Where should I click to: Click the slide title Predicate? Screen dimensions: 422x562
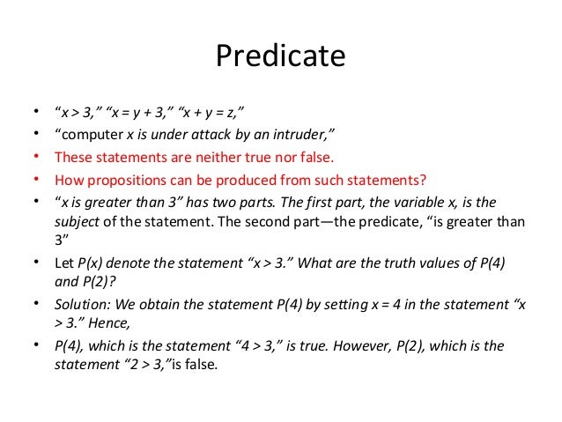pyautogui.click(x=280, y=57)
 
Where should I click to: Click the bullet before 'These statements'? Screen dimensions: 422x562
pyautogui.click(x=34, y=156)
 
